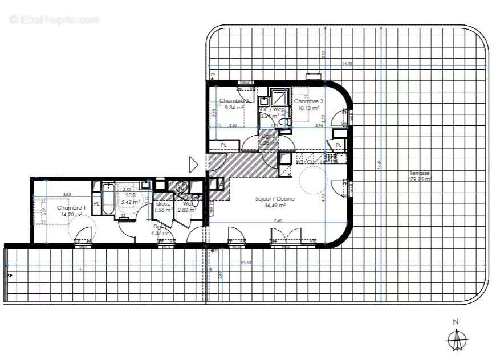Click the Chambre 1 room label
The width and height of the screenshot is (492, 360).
pyautogui.click(x=71, y=208)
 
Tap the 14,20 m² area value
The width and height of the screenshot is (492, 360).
pyautogui.click(x=71, y=215)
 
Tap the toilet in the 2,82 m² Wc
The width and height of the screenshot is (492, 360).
pyautogui.click(x=195, y=201)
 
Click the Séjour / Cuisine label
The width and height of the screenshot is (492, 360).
pyautogui.click(x=275, y=199)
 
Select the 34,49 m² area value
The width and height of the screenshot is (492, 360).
pyautogui.click(x=275, y=206)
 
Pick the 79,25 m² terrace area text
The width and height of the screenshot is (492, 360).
pyautogui.click(x=421, y=179)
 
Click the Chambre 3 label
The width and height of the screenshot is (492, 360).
pyautogui.click(x=308, y=101)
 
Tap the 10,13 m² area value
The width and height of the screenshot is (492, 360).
pyautogui.click(x=308, y=108)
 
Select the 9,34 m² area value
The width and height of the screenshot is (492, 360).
pyautogui.click(x=234, y=107)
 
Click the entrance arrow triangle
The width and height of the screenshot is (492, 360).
pyautogui.click(x=193, y=165)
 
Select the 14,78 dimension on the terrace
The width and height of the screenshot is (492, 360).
pyautogui.click(x=347, y=64)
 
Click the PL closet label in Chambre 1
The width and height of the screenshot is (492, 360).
pyautogui.click(x=97, y=203)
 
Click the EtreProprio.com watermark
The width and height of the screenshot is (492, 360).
pyautogui.click(x=55, y=19)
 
